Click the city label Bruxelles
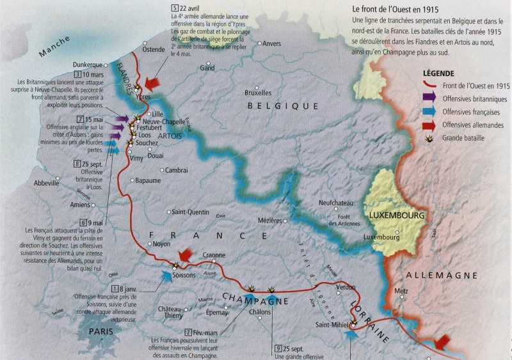258,93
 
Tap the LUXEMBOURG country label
396,215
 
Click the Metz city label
401,291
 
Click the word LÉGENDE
438,74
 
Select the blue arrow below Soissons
166,276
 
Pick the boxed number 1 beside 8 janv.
115,290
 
